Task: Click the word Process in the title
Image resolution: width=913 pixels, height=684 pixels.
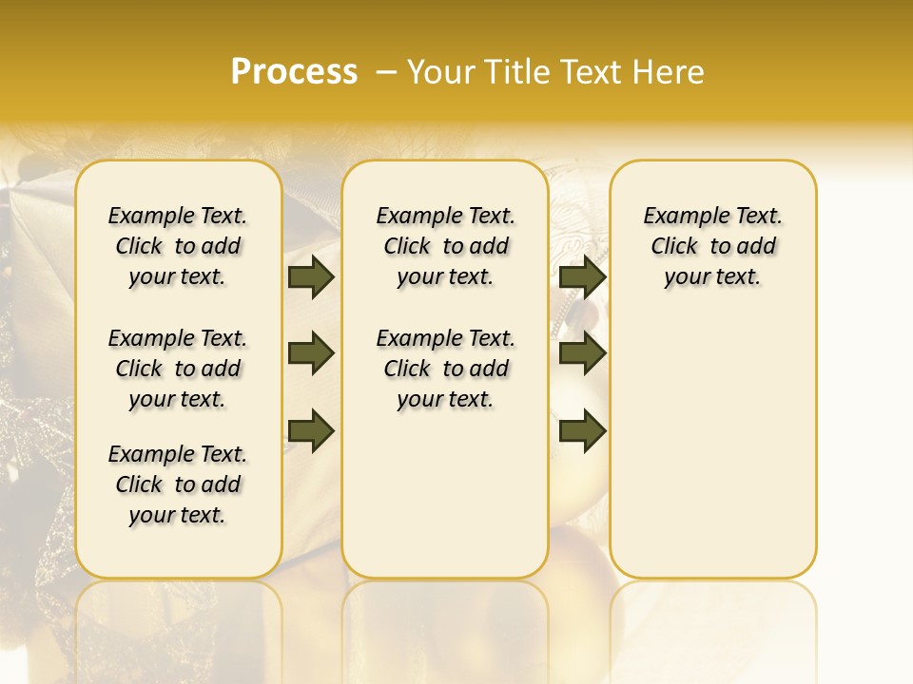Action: coord(294,71)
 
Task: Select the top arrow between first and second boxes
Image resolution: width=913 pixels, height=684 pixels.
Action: coord(311,277)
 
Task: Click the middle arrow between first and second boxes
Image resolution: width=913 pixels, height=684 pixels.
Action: coord(311,354)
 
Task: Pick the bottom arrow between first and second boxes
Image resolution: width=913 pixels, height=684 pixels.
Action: coord(311,431)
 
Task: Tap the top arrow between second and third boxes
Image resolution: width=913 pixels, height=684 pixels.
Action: coord(582,277)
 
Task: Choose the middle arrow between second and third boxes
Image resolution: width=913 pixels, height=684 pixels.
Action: coord(582,354)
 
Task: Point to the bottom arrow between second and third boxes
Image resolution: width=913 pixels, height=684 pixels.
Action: coord(582,431)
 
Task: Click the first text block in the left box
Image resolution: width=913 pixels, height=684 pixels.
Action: coord(178,246)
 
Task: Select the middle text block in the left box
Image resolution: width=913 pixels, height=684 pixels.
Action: coord(178,369)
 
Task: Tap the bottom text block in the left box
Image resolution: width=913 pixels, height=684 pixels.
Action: coord(178,484)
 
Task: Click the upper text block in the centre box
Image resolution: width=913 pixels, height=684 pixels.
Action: coord(445,246)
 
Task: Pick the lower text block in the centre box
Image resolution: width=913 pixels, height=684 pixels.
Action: coord(445,369)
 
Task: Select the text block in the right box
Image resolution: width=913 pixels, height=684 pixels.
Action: coord(712,246)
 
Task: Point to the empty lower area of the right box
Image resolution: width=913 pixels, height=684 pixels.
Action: coord(712,446)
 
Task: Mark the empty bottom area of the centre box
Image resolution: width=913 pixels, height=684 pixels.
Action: coord(445,503)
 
